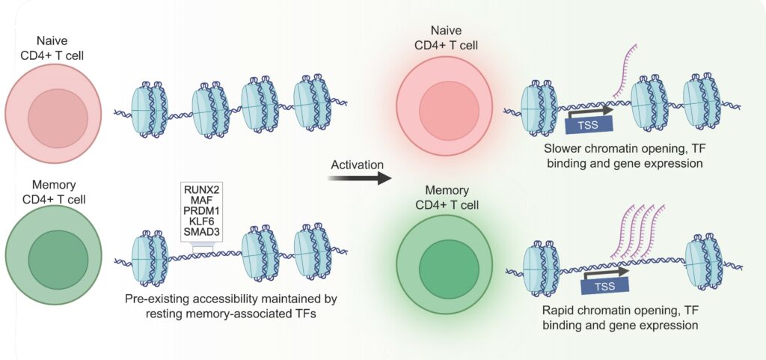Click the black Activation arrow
358,178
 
